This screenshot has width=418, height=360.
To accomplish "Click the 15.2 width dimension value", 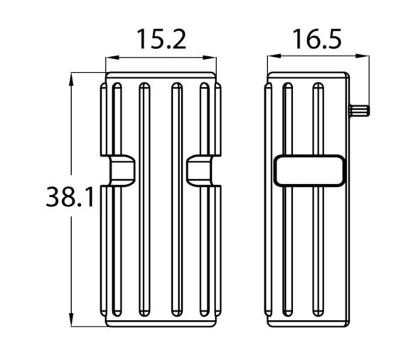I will (x=161, y=39).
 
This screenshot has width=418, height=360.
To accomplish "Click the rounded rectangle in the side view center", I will (x=309, y=171).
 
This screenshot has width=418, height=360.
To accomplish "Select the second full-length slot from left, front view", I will (x=144, y=199).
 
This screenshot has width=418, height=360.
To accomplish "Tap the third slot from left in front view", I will (x=177, y=199).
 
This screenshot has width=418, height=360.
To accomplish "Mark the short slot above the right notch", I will (x=205, y=117).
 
